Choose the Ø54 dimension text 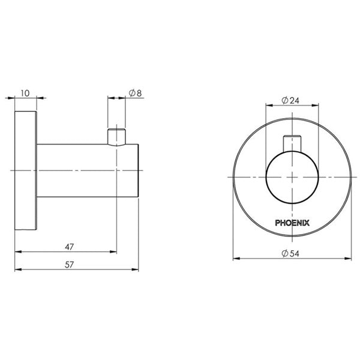(x=290, y=254)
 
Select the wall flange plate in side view (x=26, y=171)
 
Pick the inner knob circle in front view (x=291, y=177)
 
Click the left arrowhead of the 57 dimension (x=16, y=270)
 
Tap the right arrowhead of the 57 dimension (x=138, y=270)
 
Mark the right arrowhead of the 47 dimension (x=114, y=252)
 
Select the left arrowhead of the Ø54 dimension (x=235, y=260)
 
